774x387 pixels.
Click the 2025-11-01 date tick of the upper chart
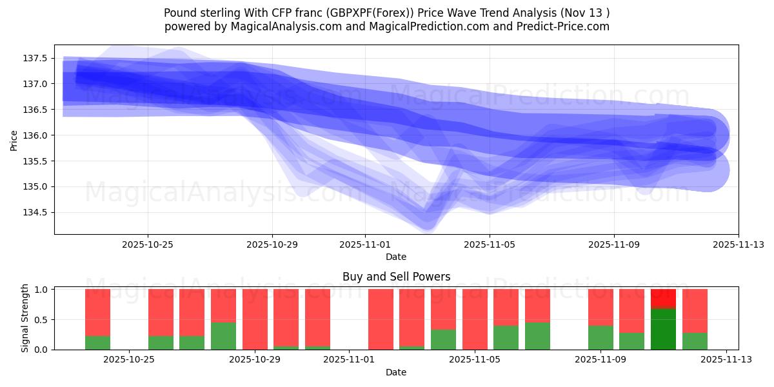tap(365, 244)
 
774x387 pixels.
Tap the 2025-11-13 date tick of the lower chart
tap(726, 360)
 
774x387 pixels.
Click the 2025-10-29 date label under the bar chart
tap(255, 360)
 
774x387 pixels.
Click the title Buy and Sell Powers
tap(396, 277)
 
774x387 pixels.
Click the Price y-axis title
tap(14, 140)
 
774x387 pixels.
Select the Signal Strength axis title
tap(25, 318)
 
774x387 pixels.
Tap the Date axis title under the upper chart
tap(396, 257)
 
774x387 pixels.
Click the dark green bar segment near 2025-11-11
tap(663, 329)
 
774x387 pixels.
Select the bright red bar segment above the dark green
tap(663, 299)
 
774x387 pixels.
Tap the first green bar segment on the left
tap(97, 342)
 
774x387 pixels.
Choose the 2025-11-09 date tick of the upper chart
tap(613, 244)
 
